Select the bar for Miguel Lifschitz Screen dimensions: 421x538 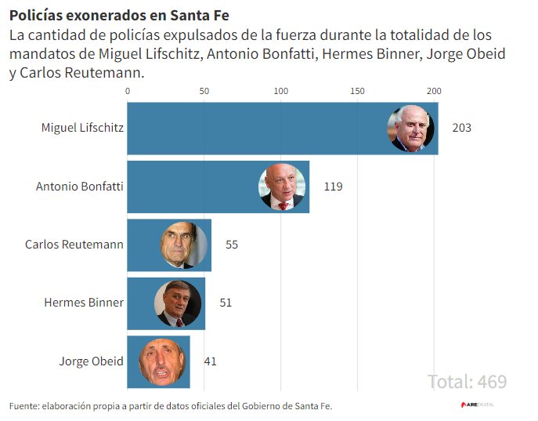[251, 128]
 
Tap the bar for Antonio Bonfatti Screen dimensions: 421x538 [188, 187]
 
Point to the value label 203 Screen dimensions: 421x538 [461, 128]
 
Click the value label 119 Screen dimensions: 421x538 [333, 187]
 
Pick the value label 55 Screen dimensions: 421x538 [232, 245]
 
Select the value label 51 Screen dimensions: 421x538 [226, 303]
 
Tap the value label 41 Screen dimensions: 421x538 [210, 361]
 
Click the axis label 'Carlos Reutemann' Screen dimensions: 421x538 [74, 245]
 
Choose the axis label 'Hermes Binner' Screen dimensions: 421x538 [84, 303]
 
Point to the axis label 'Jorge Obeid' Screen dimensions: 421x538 [91, 361]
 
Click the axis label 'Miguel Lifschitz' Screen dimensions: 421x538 [82, 128]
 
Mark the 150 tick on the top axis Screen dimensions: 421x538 [358, 91]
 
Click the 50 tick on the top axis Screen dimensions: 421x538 [204, 91]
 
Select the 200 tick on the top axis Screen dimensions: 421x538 [435, 91]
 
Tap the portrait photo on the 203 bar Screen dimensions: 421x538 [411, 129]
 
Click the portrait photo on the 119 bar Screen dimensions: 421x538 [282, 187]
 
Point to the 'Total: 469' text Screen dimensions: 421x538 [467, 382]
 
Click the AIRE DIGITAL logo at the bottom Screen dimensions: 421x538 [477, 405]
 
